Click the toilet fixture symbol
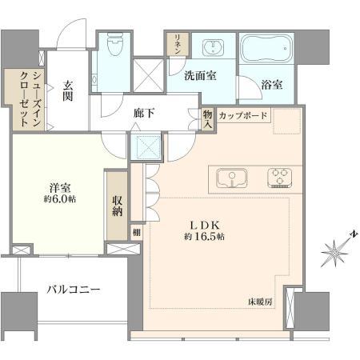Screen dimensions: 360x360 coord(115,44)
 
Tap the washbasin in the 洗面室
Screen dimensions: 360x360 coord(213,48)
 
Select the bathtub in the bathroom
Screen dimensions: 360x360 coord(266,48)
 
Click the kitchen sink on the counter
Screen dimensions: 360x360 coord(232,178)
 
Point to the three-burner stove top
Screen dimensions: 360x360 coord(279,178)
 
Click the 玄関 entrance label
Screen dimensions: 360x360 coord(68,90)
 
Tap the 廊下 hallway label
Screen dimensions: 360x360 coord(144,114)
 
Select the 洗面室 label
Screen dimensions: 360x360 coord(200,76)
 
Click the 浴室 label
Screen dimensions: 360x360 coord(272,85)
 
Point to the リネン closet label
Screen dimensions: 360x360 coord(178,44)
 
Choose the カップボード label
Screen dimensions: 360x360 coord(243,115)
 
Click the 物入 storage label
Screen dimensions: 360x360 coord(208,119)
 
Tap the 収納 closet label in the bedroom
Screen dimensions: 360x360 coord(117,206)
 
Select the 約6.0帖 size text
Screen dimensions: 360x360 coord(59,199)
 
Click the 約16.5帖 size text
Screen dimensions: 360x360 coord(204,237)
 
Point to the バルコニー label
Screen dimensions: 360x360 coord(74,289)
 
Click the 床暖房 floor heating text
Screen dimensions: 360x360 coord(260,302)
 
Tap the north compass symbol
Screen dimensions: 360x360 coord(337,250)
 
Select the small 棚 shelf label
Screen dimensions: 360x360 coord(137,232)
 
